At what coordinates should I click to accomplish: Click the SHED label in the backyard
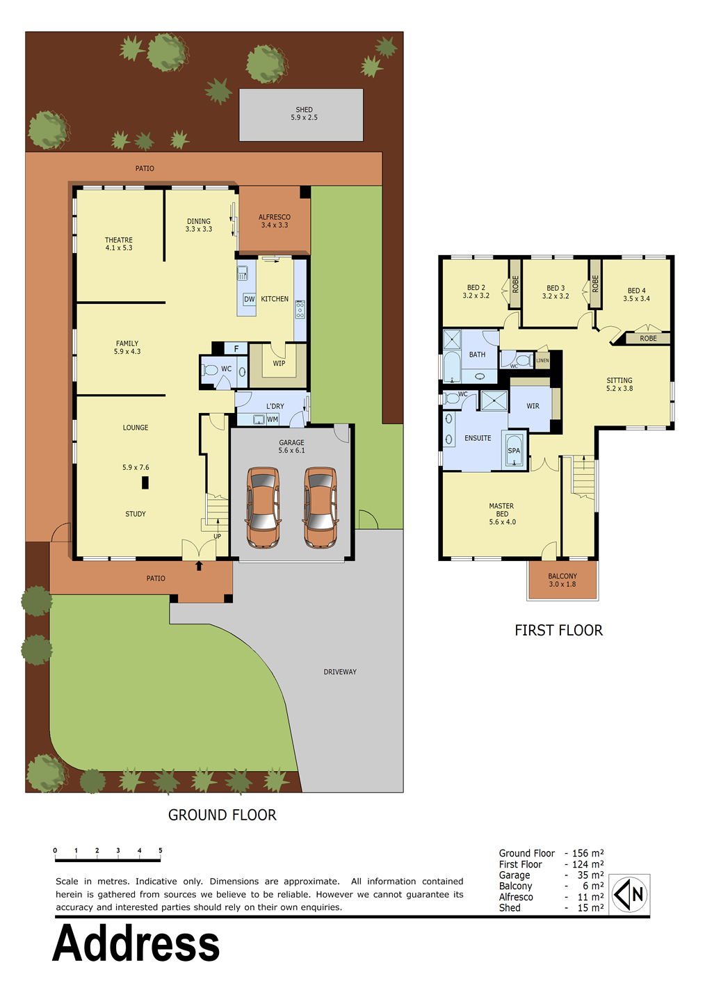coord(304,109)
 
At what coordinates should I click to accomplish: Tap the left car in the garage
coord(264,507)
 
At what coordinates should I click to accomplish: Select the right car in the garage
coord(320,507)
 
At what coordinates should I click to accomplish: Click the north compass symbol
coord(629,893)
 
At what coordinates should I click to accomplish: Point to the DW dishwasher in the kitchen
coord(249,299)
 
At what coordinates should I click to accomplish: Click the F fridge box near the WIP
coord(236,348)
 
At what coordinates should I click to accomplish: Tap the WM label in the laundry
coord(273,419)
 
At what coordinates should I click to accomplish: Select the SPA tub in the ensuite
coord(514,450)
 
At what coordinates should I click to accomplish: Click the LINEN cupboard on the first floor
coord(542,360)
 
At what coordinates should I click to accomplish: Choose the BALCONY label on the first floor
coord(562,576)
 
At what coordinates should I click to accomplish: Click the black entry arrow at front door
coord(199,566)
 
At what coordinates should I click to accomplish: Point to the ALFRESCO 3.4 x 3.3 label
coord(275,221)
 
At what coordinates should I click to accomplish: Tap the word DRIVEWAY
coord(340,672)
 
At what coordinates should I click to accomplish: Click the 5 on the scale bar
coord(160,850)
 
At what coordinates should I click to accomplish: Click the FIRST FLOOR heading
coord(558,630)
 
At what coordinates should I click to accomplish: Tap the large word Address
coord(136,943)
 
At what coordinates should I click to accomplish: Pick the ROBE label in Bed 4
coord(648,339)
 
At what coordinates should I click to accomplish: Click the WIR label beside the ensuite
coord(533,406)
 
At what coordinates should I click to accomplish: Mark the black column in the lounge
coord(145,483)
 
